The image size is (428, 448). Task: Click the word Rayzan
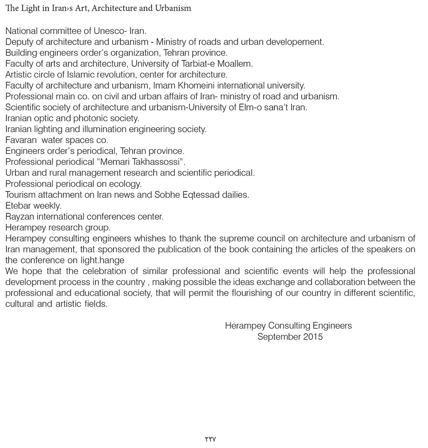pos(19,217)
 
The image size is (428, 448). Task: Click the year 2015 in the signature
pos(313,337)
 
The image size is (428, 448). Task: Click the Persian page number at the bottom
pos(211,439)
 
